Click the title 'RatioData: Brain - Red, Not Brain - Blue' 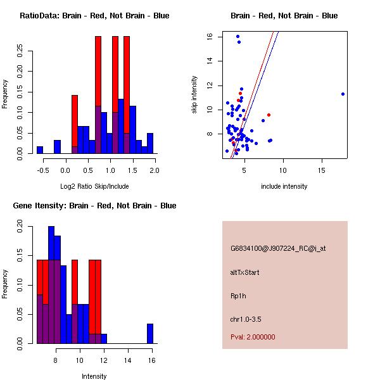pyautogui.click(x=94, y=15)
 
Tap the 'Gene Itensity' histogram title pyautogui.click(x=94, y=205)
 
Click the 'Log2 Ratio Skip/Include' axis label pyautogui.click(x=94, y=186)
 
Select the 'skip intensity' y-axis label pyautogui.click(x=194, y=95)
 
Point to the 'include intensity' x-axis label pyautogui.click(x=284, y=186)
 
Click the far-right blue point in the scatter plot pyautogui.click(x=343, y=94)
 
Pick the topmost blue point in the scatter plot pyautogui.click(x=237, y=36)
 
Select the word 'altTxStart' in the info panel pyautogui.click(x=245, y=272)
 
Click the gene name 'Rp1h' pyautogui.click(x=237, y=296)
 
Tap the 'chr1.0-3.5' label pyautogui.click(x=247, y=319)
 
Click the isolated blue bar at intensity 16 pyautogui.click(x=150, y=333)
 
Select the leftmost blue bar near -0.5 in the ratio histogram pyautogui.click(x=39, y=150)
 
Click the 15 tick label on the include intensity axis pyautogui.click(x=322, y=170)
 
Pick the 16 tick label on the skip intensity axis pyautogui.click(x=210, y=37)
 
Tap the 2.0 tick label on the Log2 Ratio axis pyautogui.click(x=154, y=170)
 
